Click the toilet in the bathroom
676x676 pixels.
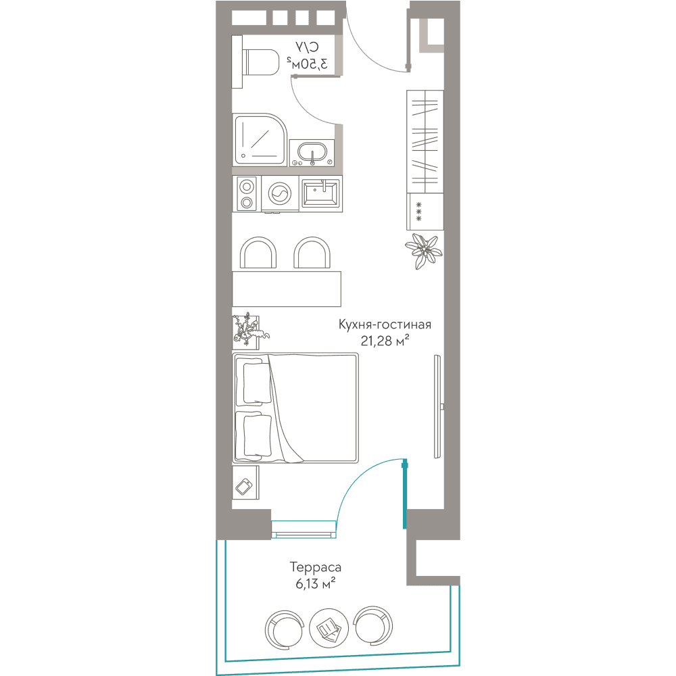click(x=256, y=62)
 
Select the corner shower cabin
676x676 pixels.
click(x=260, y=140)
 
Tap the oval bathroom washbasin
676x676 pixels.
click(x=312, y=153)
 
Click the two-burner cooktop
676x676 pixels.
click(x=246, y=194)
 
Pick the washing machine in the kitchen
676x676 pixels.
click(x=279, y=193)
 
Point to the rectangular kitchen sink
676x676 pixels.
click(x=320, y=193)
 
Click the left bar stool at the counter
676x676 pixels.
click(x=258, y=253)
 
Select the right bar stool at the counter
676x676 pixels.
click(x=312, y=253)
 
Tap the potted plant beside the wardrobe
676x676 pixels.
click(x=423, y=251)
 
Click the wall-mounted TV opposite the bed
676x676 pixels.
click(x=437, y=406)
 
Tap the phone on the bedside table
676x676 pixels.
click(x=244, y=486)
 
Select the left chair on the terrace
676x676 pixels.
click(x=284, y=629)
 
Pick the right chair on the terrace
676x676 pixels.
click(x=373, y=625)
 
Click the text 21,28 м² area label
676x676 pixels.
click(x=385, y=341)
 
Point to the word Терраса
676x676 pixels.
click(x=315, y=567)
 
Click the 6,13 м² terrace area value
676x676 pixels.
click(x=315, y=584)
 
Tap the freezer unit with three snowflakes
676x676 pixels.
click(x=425, y=211)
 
